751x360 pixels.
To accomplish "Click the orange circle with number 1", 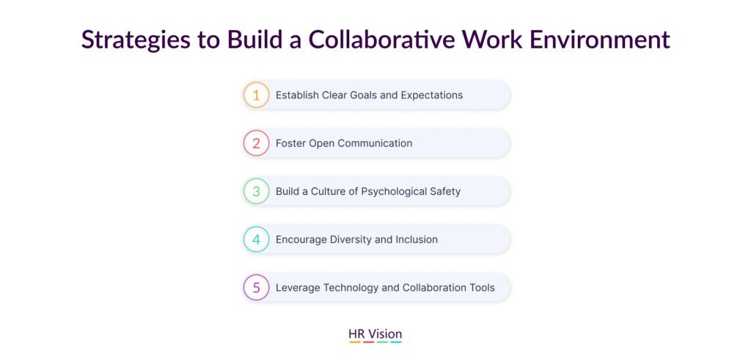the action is pos(256,95).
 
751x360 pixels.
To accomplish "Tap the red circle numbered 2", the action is pos(256,143).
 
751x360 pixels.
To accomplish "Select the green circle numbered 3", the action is pos(256,191).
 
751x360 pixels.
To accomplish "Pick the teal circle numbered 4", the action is pos(256,239).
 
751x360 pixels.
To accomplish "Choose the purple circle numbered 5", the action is pos(256,287).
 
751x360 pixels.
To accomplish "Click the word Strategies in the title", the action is pos(136,40).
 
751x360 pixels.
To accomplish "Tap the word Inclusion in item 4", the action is pos(417,239).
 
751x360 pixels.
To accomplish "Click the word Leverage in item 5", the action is pos(298,288).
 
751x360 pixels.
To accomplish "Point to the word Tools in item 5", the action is pos(481,287).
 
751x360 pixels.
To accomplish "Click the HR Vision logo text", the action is pos(375,334).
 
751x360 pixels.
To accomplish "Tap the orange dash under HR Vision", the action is pos(355,342).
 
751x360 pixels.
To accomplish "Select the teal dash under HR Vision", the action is pos(395,342).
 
